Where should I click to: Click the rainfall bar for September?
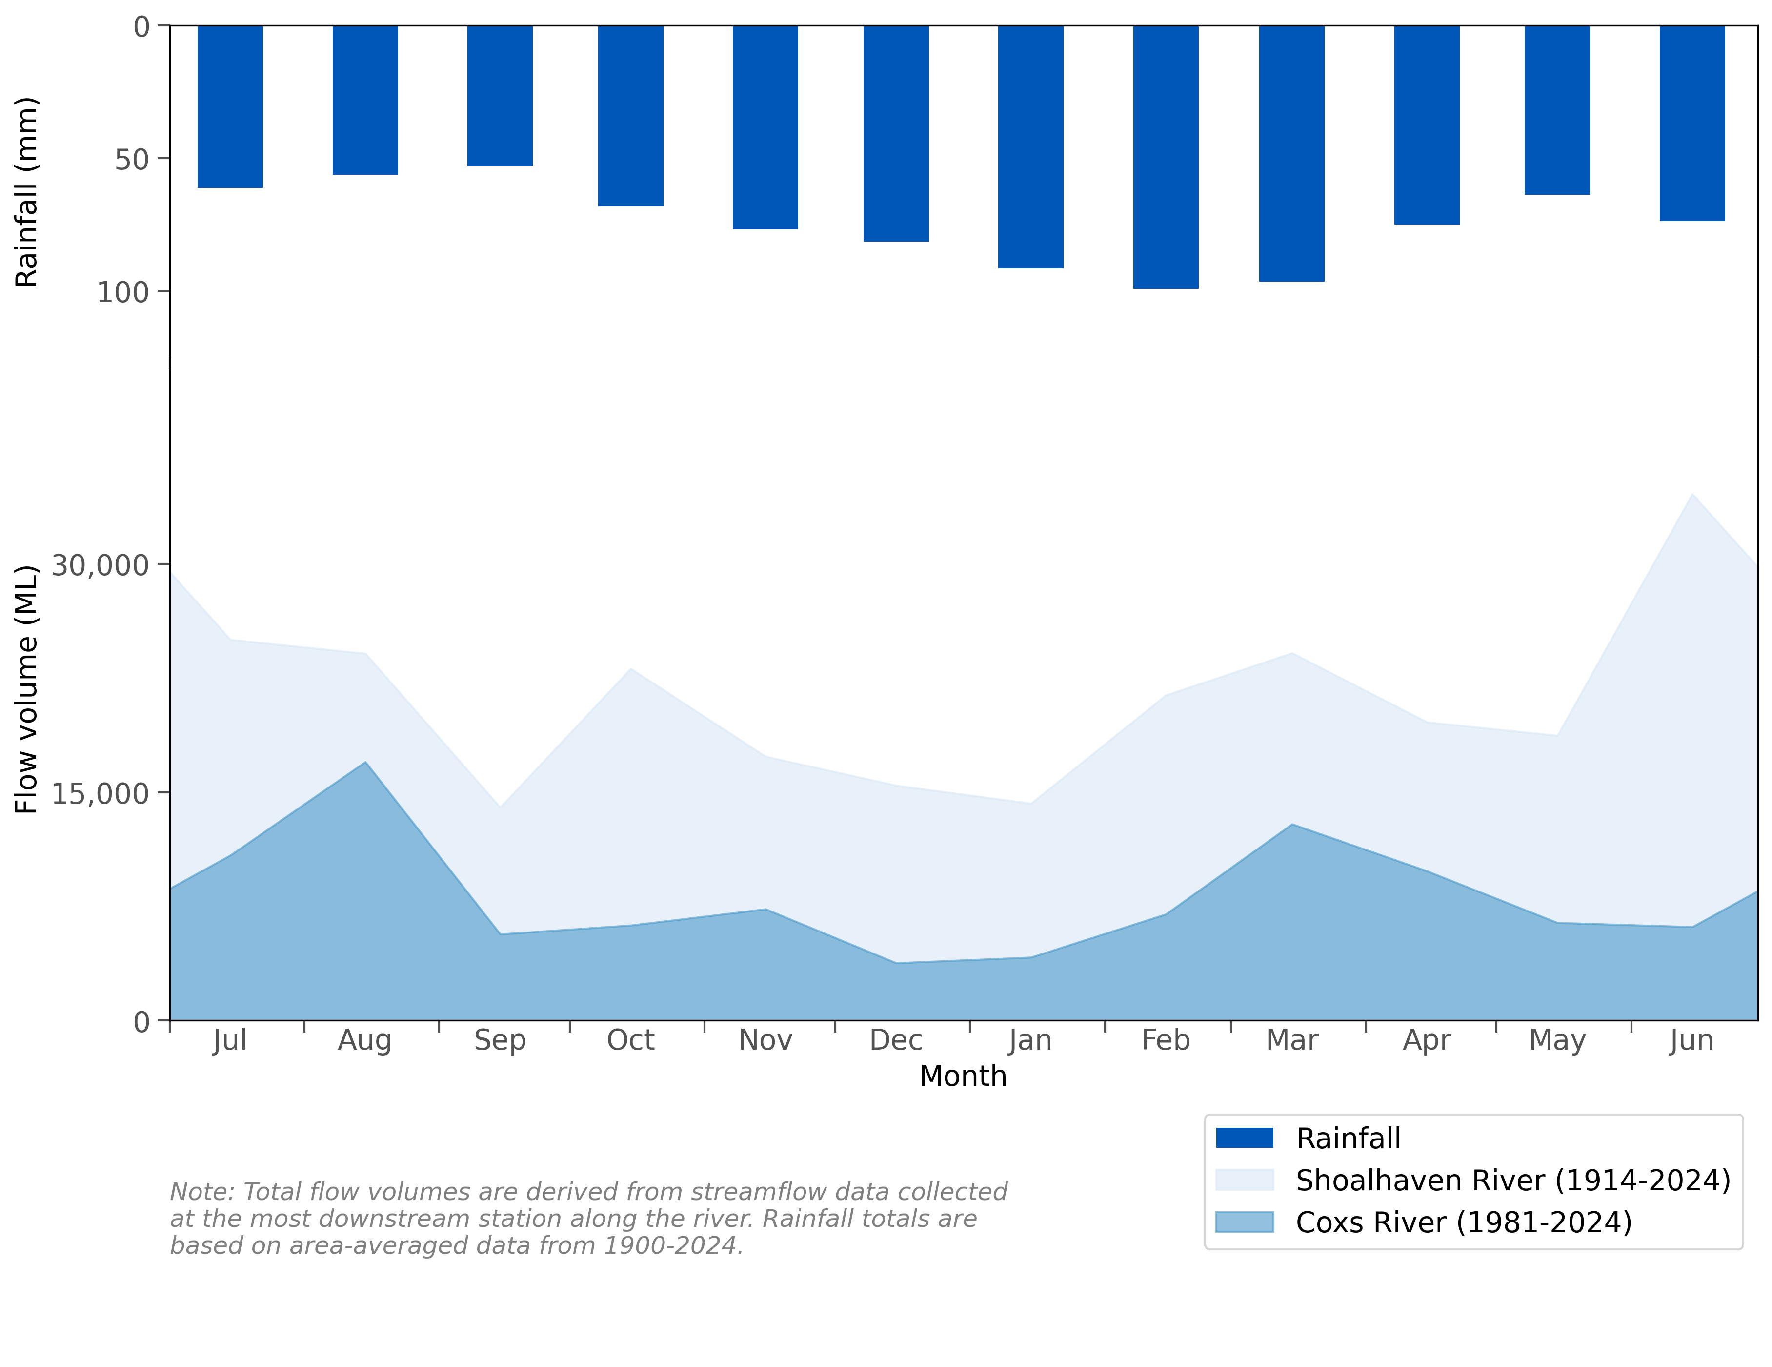click(x=500, y=96)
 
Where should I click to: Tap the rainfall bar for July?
click(x=230, y=106)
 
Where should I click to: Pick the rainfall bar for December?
click(x=896, y=134)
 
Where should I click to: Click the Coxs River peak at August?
click(x=365, y=762)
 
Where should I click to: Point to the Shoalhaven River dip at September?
click(x=500, y=807)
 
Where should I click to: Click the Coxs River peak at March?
click(x=1292, y=824)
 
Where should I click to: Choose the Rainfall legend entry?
click(x=1348, y=1138)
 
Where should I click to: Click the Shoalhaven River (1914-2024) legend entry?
click(x=1512, y=1181)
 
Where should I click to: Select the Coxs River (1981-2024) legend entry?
click(x=1463, y=1222)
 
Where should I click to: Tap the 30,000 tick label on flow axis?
click(x=101, y=565)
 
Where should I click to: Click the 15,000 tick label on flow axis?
click(x=101, y=793)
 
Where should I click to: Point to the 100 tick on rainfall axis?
click(x=123, y=291)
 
